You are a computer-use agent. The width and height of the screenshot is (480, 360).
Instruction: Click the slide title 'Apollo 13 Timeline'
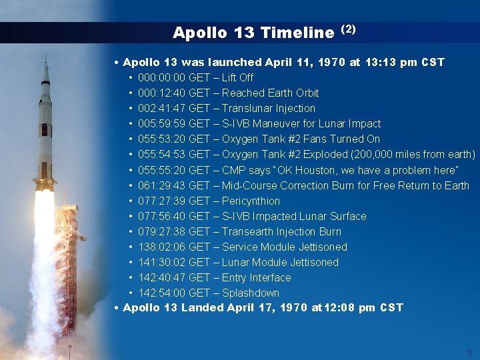click(x=253, y=32)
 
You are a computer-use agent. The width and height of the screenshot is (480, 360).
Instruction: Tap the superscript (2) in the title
click(x=349, y=29)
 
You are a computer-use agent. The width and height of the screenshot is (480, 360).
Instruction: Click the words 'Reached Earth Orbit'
click(x=270, y=93)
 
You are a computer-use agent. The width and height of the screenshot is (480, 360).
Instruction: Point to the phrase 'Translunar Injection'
click(x=269, y=108)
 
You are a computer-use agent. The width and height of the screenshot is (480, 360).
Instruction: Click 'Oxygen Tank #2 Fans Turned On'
click(x=301, y=139)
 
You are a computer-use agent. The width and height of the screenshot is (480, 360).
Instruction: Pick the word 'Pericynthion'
click(x=251, y=201)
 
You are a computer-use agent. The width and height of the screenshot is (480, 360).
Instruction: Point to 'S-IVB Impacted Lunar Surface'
click(x=294, y=216)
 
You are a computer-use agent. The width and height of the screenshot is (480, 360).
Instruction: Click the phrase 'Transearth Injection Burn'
click(x=281, y=231)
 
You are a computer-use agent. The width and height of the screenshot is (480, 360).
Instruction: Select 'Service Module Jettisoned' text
click(x=285, y=247)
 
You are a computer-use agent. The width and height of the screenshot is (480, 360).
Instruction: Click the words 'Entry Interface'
click(x=257, y=277)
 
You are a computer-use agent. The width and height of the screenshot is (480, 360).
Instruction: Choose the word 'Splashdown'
click(x=251, y=293)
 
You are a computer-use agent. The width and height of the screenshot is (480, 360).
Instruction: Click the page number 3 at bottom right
click(x=469, y=353)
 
